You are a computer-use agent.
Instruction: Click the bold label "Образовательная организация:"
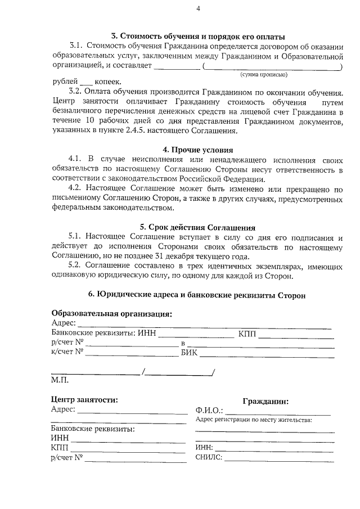[x=112, y=314]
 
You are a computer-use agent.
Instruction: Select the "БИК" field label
[x=190, y=353]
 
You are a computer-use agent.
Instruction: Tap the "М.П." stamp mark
[x=60, y=381]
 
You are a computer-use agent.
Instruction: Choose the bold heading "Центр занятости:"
[x=84, y=400]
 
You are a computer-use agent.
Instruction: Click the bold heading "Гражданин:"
[x=266, y=402]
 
